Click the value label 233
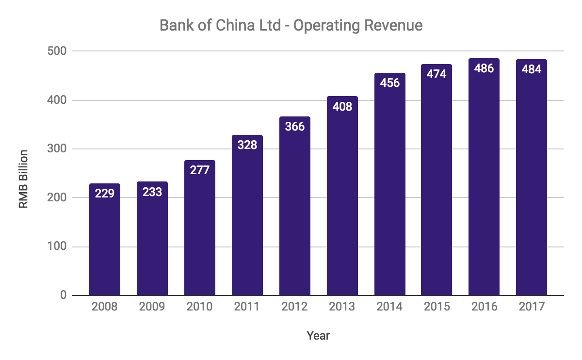(x=152, y=192)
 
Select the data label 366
(x=295, y=127)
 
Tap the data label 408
(x=342, y=107)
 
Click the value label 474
(x=436, y=75)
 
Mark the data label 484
(x=532, y=69)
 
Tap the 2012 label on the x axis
(x=295, y=307)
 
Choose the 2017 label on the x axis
(x=532, y=307)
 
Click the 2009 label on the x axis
(x=152, y=307)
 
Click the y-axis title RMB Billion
(x=23, y=179)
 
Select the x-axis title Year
(x=318, y=335)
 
